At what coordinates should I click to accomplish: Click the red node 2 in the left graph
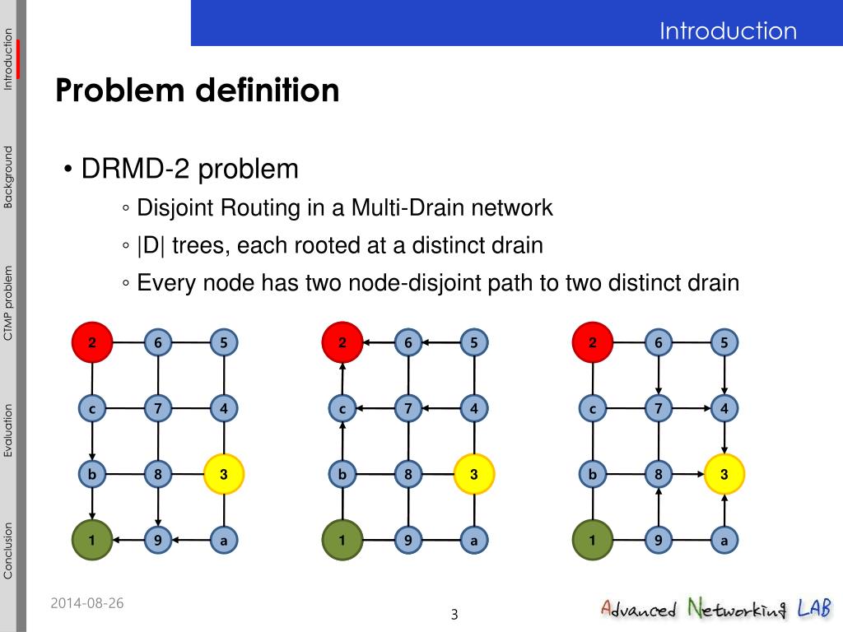coord(92,342)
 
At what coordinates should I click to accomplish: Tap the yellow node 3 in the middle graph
coord(474,475)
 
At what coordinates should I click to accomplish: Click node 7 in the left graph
coord(157,408)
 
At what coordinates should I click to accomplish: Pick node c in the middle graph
coord(342,408)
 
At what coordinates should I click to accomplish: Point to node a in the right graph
coord(724,541)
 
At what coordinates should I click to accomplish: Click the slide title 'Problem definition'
coord(198,91)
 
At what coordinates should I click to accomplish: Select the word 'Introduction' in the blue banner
coord(728,31)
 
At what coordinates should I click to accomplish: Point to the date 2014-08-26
coord(86,603)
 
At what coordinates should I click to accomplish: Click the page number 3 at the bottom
coord(454,615)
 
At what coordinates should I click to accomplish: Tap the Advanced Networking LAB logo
coord(715,610)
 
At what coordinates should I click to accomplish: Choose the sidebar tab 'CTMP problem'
coord(8,303)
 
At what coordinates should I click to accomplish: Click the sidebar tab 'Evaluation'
coord(8,430)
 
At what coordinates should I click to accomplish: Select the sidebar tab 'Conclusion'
coord(8,551)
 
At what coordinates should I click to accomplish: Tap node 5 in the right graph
coord(724,342)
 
